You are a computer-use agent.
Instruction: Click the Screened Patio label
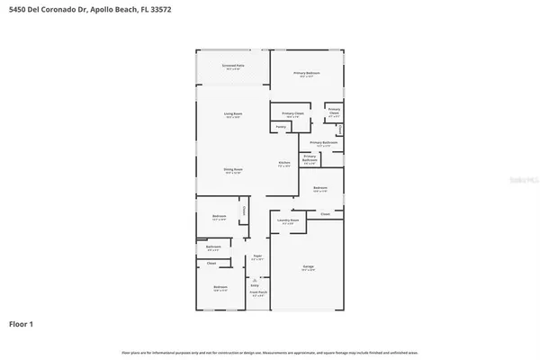pyautogui.click(x=233, y=67)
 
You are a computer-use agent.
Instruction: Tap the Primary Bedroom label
pyautogui.click(x=307, y=73)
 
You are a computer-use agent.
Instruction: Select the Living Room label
pyautogui.click(x=233, y=114)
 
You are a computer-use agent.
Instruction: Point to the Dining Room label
pyautogui.click(x=233, y=170)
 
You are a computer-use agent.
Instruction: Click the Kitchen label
pyautogui.click(x=283, y=164)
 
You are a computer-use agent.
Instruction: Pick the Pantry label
pyautogui.click(x=281, y=127)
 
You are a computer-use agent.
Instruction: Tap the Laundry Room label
pyautogui.click(x=289, y=220)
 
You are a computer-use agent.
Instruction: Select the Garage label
pyautogui.click(x=307, y=267)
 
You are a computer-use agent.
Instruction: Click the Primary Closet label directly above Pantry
pyautogui.click(x=292, y=114)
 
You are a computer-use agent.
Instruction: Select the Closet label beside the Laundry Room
pyautogui.click(x=325, y=214)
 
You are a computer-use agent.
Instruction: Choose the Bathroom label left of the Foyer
pyautogui.click(x=213, y=247)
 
